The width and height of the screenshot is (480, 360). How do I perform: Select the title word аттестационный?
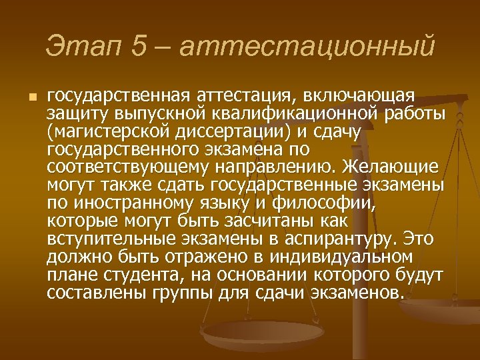point(307,47)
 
